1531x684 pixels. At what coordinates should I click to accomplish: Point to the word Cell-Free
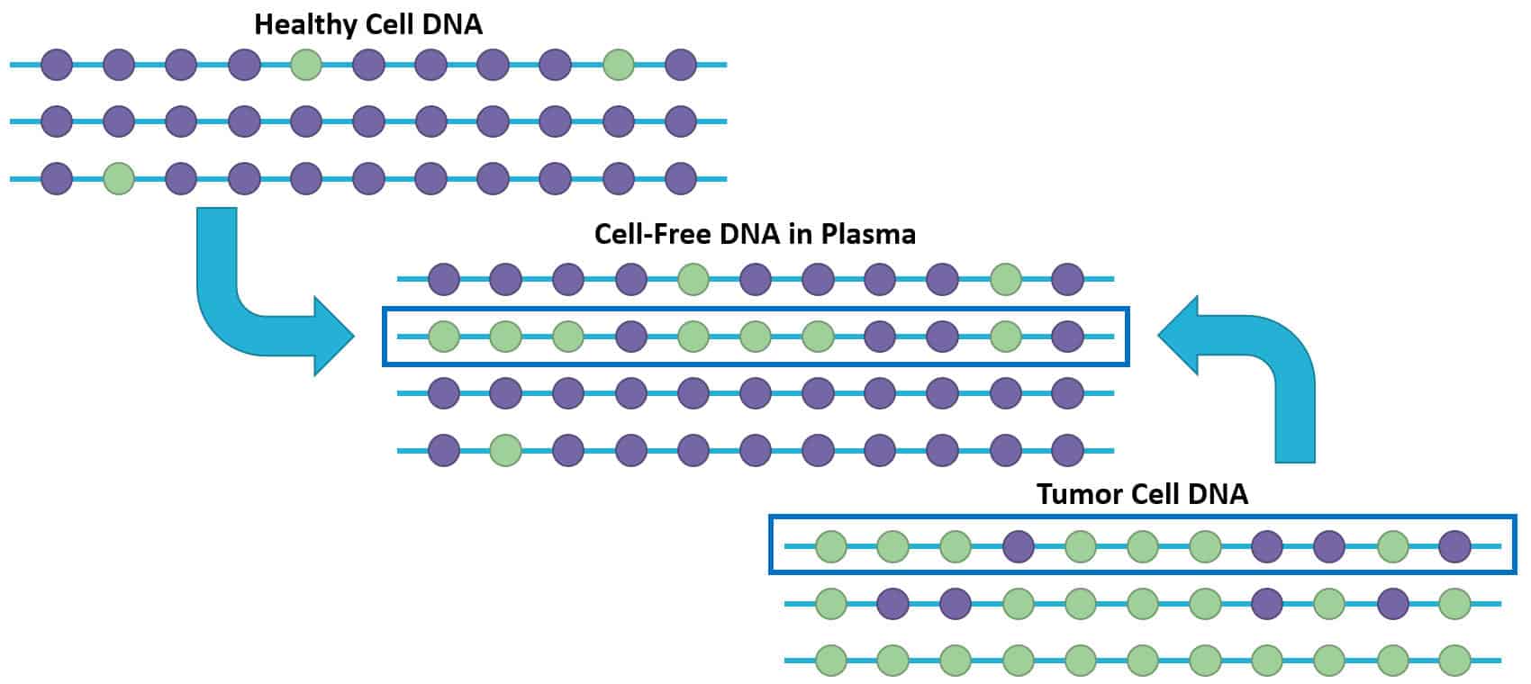[652, 234]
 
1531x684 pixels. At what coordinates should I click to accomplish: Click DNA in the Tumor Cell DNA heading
[1218, 494]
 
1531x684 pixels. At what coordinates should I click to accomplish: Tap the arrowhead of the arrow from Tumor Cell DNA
[1178, 336]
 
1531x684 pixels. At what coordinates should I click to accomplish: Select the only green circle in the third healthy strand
[119, 178]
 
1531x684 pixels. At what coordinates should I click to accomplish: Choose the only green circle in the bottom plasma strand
[506, 449]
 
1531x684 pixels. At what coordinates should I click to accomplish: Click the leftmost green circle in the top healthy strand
[306, 65]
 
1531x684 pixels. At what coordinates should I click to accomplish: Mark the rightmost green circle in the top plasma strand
[1005, 280]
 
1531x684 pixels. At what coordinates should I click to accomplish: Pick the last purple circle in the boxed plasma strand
[1067, 337]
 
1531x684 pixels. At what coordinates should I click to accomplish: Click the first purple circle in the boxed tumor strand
[1019, 545]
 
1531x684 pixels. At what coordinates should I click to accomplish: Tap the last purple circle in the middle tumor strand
[1393, 603]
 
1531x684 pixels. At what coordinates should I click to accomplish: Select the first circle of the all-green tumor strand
[831, 661]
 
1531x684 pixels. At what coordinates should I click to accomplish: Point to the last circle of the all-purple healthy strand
[680, 121]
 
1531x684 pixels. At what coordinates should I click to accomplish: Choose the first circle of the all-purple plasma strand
[444, 393]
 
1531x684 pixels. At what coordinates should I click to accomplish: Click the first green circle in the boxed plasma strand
[444, 337]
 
